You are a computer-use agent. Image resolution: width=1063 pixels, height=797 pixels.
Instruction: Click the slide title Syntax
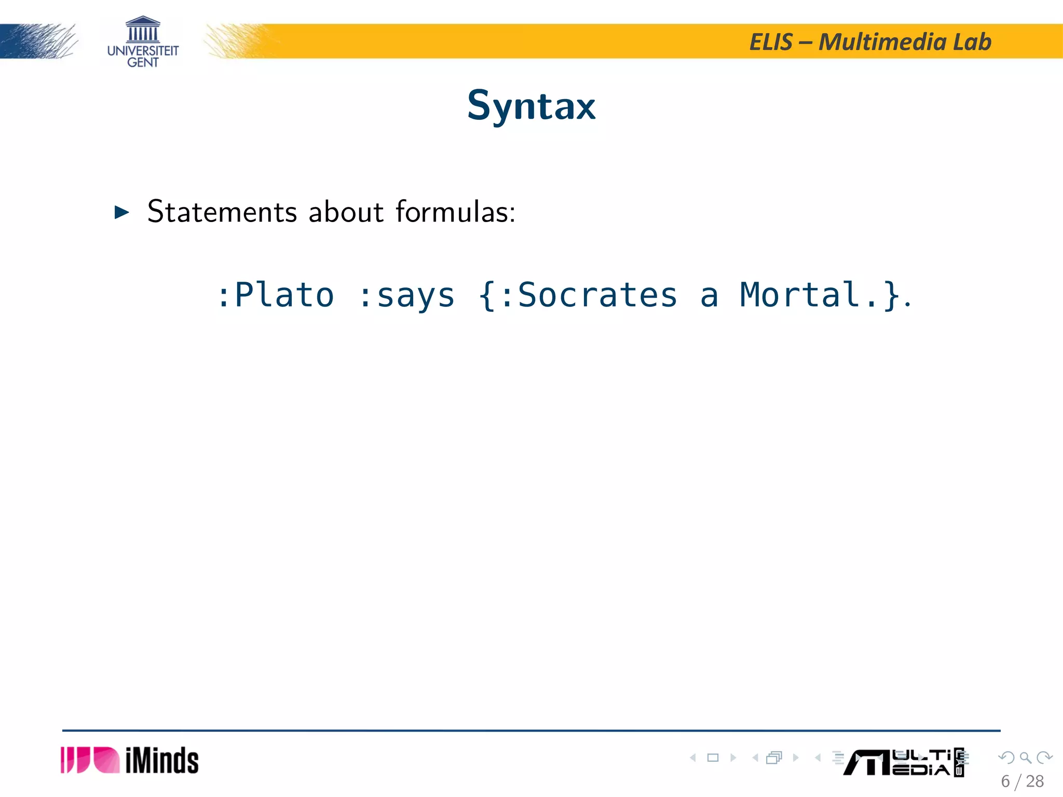point(531,106)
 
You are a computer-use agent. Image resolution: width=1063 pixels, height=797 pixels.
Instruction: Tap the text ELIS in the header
point(771,42)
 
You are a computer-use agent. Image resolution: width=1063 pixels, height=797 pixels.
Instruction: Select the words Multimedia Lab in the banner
point(905,42)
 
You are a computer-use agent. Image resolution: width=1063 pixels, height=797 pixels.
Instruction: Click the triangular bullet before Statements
point(121,212)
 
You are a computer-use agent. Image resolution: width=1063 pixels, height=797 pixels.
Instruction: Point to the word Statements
point(222,212)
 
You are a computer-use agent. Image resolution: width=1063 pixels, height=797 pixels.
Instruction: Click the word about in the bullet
point(346,212)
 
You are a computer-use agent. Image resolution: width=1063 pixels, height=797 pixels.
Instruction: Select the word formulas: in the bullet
point(455,212)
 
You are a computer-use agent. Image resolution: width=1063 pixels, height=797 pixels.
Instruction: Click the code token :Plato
point(275,295)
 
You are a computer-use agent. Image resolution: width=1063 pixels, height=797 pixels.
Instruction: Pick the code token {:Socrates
point(578,295)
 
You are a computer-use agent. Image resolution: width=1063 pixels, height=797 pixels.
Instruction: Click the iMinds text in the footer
point(162,761)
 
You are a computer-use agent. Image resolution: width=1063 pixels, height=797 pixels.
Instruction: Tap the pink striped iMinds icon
point(90,760)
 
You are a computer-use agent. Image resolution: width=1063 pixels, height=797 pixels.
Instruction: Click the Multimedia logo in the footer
point(903,762)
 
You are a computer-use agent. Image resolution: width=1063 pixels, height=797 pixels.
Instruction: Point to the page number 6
point(1005,781)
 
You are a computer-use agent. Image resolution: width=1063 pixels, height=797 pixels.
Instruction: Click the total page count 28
point(1035,781)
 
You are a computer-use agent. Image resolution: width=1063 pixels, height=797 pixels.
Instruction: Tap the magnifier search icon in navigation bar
point(1025,758)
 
